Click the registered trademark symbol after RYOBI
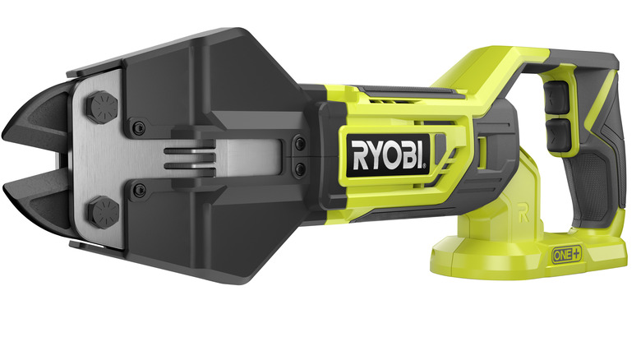(x=424, y=166)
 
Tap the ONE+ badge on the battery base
(x=566, y=255)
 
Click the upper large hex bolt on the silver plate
(x=102, y=107)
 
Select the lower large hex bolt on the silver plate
(x=103, y=212)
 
